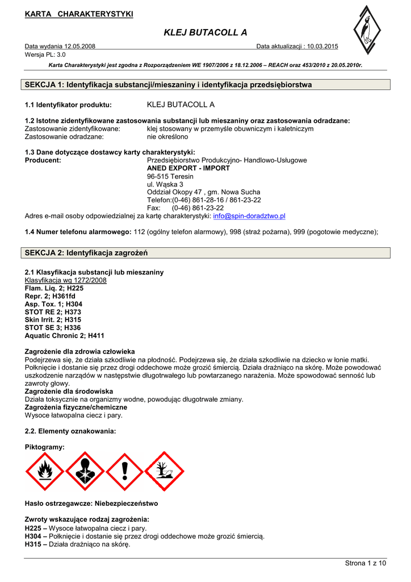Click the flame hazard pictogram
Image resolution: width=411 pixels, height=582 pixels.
coord(45,471)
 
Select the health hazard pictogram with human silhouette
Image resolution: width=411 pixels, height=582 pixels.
coord(85,471)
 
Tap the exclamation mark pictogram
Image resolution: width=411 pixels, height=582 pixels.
coord(125,471)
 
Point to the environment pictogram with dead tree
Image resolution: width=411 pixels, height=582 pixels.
coord(165,471)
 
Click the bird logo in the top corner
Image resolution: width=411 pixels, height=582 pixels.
coord(366,35)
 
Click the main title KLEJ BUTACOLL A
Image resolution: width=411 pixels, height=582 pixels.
coord(205,32)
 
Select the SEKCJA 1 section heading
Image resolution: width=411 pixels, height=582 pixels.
coord(169,85)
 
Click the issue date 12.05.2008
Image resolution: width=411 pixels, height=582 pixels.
coord(77,46)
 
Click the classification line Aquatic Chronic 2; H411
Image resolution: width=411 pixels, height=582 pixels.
coord(65,336)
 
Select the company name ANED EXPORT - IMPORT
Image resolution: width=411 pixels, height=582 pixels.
coord(188,168)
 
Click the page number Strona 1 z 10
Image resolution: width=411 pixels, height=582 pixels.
coord(365,563)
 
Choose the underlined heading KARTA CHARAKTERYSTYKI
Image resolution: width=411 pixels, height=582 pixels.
coord(79,14)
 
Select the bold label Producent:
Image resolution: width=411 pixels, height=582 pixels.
coord(43,160)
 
